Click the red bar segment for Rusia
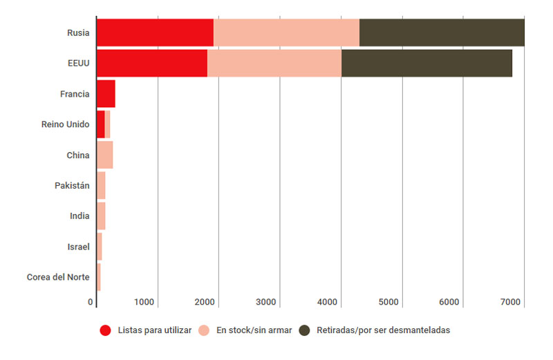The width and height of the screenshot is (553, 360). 155,32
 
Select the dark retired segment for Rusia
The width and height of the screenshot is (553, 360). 442,32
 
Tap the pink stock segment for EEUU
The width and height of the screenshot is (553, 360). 274,63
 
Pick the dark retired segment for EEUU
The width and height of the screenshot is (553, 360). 427,63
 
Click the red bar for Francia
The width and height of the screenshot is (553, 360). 106,93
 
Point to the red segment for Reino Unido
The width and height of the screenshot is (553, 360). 101,124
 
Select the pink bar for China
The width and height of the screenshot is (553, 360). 104,155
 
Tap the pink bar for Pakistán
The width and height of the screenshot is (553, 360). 101,185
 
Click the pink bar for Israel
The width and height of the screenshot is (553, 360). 100,247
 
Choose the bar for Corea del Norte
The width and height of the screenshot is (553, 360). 99,277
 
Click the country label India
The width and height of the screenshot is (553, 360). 79,216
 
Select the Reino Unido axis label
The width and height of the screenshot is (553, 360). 66,124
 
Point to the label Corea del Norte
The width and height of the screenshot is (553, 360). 58,277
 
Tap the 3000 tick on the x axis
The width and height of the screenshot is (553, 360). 266,302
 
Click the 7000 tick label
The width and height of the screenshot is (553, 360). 510,302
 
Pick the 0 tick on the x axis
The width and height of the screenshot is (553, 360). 91,302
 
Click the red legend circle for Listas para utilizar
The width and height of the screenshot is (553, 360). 106,330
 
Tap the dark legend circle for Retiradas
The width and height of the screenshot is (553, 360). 304,330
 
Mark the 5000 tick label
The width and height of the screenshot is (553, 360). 388,302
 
